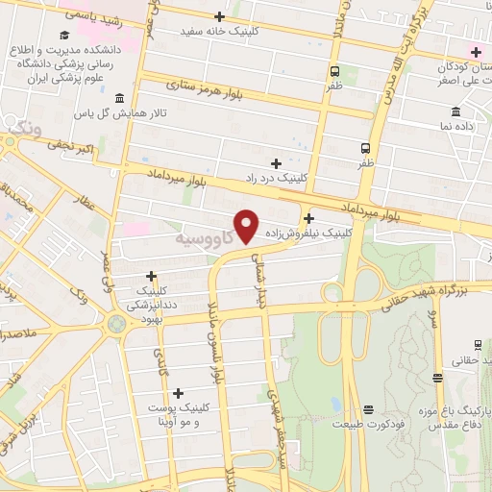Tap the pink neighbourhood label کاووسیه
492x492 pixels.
[204, 235]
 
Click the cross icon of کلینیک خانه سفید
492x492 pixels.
[220, 16]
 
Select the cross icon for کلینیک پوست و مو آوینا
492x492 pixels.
[178, 393]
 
